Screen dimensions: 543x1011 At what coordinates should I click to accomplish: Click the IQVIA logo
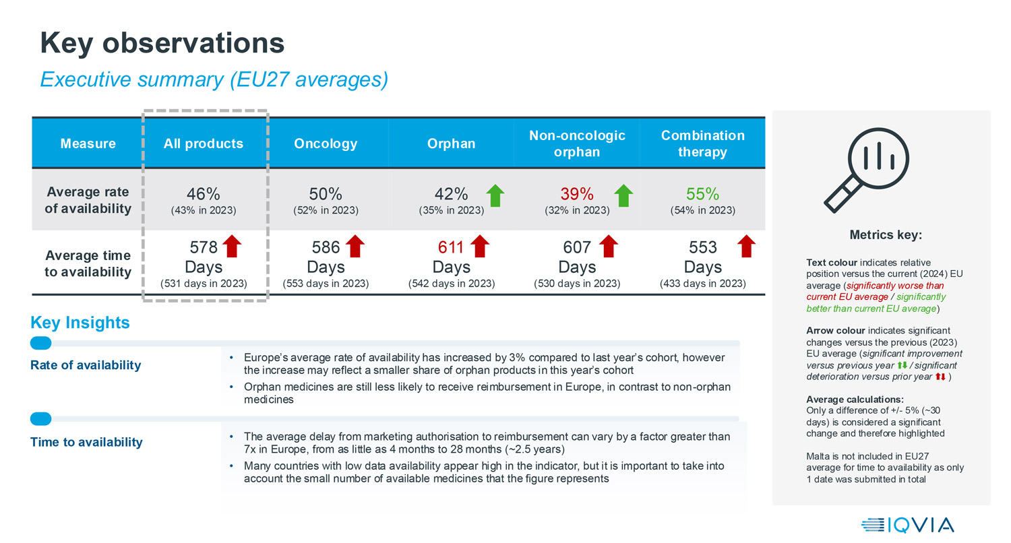(x=907, y=525)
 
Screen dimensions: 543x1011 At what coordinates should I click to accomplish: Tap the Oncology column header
(x=326, y=143)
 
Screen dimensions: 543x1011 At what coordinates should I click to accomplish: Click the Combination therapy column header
(x=702, y=143)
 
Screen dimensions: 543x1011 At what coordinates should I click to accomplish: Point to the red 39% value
(x=577, y=195)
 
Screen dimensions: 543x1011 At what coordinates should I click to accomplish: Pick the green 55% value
(x=702, y=195)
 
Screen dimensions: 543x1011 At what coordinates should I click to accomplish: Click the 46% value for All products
(x=204, y=195)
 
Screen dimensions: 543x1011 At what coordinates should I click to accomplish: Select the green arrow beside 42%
(x=495, y=195)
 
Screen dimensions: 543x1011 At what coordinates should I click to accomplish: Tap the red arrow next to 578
(x=231, y=247)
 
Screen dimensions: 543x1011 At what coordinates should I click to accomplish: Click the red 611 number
(x=452, y=248)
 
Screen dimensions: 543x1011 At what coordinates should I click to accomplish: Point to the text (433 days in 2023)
(x=702, y=284)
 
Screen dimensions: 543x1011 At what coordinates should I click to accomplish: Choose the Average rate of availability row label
(x=88, y=201)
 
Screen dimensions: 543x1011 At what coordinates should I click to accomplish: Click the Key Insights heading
(x=80, y=323)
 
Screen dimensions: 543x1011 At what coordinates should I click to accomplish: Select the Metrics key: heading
(x=885, y=236)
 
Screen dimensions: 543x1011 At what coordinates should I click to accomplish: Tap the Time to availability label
(x=86, y=443)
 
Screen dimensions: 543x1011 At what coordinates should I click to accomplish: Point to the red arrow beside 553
(x=745, y=247)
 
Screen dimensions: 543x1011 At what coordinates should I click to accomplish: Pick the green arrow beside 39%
(x=623, y=195)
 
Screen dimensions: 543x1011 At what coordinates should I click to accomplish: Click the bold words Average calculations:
(x=855, y=400)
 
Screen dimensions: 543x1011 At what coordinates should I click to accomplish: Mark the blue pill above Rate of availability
(x=41, y=343)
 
